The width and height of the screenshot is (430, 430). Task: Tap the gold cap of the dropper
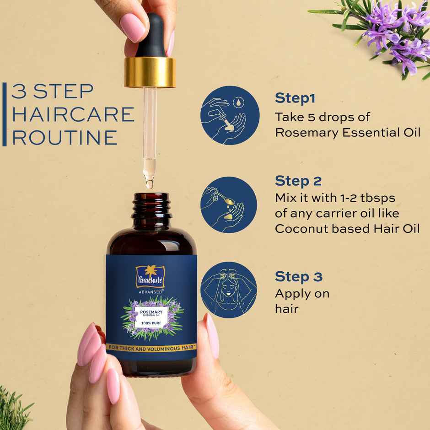pyautogui.click(x=150, y=72)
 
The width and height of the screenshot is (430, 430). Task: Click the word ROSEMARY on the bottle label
pyautogui.click(x=152, y=310)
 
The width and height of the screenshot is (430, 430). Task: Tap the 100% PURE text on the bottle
pyautogui.click(x=152, y=323)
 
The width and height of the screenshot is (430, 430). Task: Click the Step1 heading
pyautogui.click(x=295, y=98)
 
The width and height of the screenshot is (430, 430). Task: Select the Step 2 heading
pyautogui.click(x=298, y=181)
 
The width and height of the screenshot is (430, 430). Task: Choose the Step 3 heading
pyautogui.click(x=298, y=277)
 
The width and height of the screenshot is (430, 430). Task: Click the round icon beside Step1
pyautogui.click(x=230, y=115)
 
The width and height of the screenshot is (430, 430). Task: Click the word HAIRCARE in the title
pyautogui.click(x=73, y=114)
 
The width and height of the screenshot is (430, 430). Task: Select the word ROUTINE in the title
pyautogui.click(x=64, y=137)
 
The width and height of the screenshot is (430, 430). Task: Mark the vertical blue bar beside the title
pyautogui.click(x=5, y=114)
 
